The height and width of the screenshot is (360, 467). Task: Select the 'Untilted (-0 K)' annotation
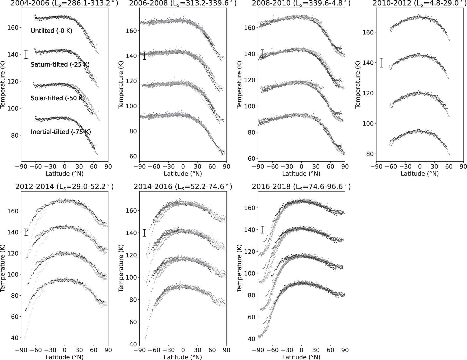tap(52, 31)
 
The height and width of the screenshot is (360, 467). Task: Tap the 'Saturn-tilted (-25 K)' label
tap(60, 64)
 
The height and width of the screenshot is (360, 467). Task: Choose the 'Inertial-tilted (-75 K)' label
tap(61, 132)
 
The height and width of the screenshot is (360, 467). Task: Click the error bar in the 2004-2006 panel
tap(26, 54)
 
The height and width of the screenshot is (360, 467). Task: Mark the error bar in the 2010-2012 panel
tap(381, 62)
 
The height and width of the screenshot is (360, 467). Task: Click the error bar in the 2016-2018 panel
tap(263, 230)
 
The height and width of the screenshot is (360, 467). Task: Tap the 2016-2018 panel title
tap(301, 187)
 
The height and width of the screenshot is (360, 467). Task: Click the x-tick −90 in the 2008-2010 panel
tap(258, 167)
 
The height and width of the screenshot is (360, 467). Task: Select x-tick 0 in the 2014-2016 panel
tap(183, 350)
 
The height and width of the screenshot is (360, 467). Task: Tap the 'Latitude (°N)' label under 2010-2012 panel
tap(420, 174)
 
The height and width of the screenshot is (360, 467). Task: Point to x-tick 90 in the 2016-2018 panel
tap(345, 350)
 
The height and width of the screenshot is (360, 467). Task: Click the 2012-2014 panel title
tap(64, 187)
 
